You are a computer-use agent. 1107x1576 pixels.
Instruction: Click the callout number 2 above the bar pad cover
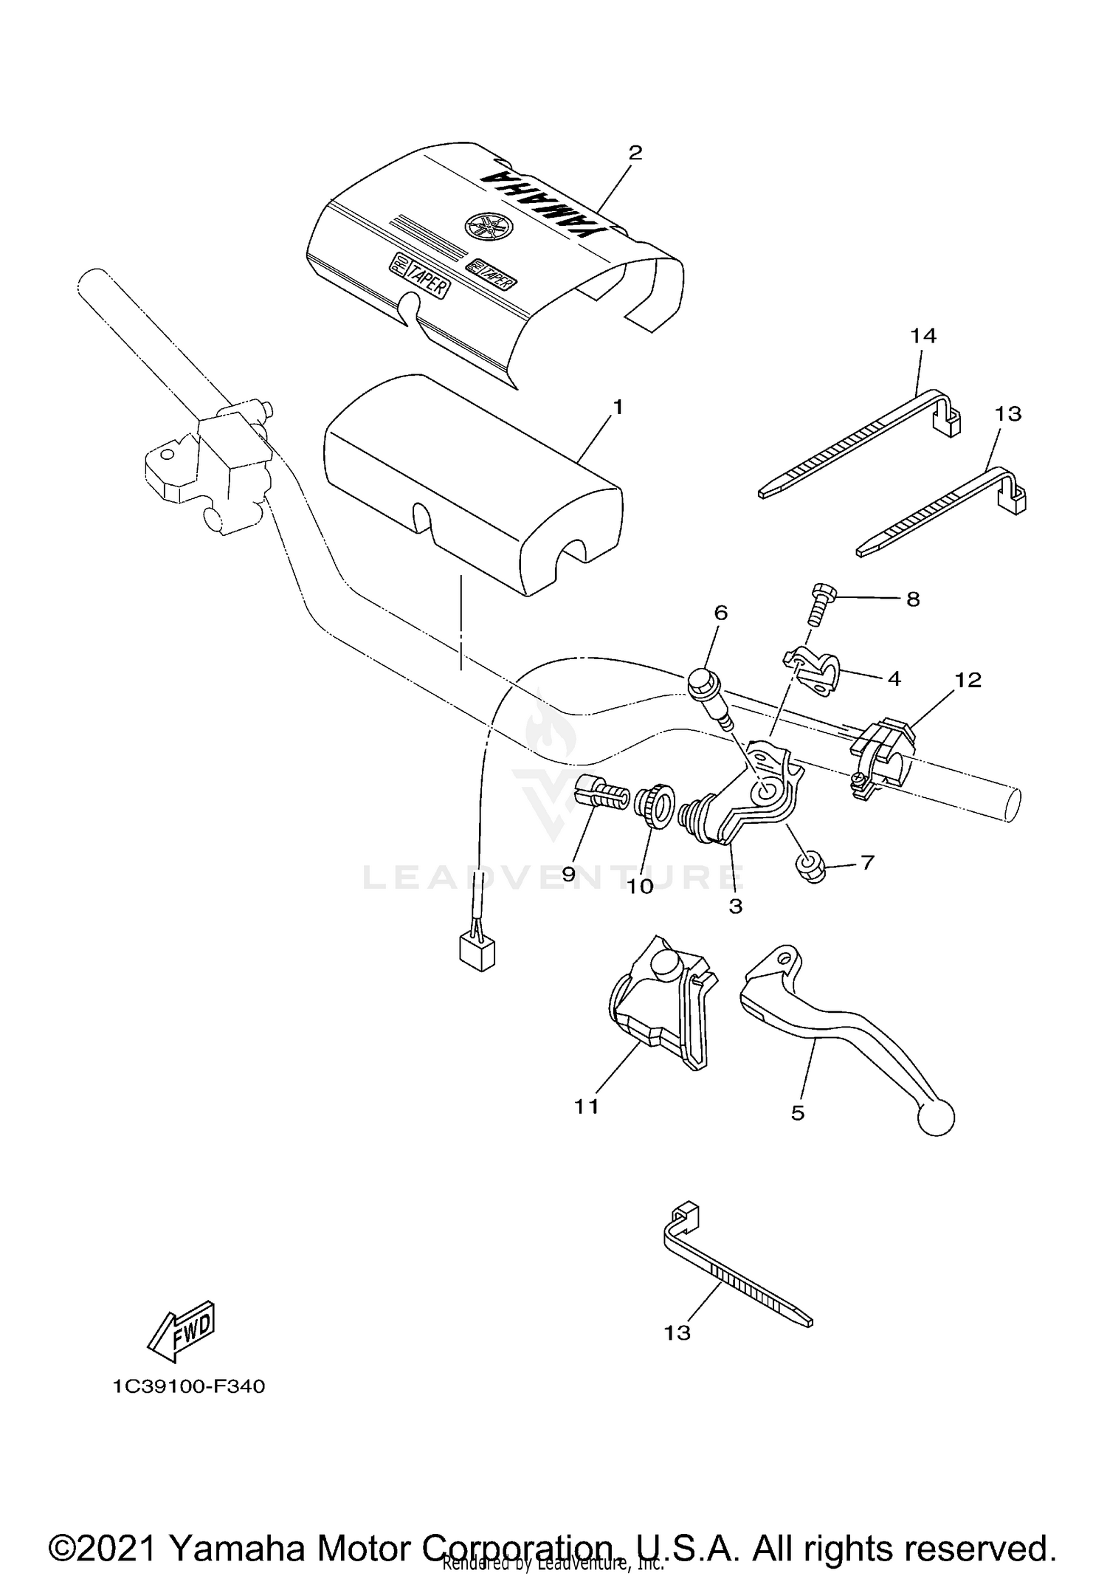[635, 153]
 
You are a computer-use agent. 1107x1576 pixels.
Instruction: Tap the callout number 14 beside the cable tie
[922, 336]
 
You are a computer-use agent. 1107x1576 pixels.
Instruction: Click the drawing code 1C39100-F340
[189, 1386]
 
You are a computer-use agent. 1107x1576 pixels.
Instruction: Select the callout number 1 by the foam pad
[618, 407]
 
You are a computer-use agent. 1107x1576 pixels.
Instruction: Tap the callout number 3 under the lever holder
[735, 906]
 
